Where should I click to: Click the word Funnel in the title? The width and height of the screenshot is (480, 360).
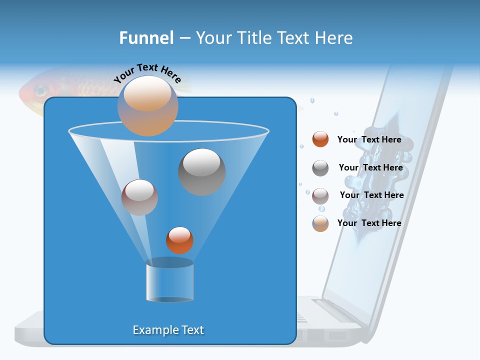(146, 38)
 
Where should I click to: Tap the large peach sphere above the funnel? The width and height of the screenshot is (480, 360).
(147, 105)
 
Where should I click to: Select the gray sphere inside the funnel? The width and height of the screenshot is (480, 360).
(201, 171)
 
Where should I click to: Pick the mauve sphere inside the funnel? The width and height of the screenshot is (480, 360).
(139, 197)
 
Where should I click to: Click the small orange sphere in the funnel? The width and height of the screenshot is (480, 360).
(179, 240)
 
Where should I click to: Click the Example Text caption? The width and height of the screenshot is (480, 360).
(168, 330)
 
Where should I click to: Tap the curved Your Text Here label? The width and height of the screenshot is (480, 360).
(147, 72)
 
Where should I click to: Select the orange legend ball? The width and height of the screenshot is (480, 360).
(320, 139)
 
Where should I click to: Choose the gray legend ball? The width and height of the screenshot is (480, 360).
(320, 168)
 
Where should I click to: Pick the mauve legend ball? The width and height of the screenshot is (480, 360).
(320, 196)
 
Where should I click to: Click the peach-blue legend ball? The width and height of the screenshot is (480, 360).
(320, 223)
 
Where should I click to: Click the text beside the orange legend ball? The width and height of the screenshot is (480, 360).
(369, 139)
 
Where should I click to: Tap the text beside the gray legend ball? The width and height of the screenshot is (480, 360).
(370, 167)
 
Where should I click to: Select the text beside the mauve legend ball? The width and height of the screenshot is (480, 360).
(371, 195)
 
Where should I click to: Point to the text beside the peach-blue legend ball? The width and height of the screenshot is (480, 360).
(369, 223)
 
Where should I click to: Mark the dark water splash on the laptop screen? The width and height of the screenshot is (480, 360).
(380, 165)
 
